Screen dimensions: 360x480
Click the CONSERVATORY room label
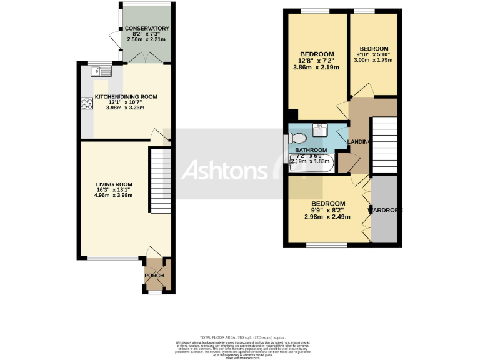coord(147,29)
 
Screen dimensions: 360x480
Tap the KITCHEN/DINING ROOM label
coord(126,97)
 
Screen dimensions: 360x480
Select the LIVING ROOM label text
coord(112,184)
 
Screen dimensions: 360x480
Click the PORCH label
coord(154,276)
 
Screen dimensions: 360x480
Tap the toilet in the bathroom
coord(297,137)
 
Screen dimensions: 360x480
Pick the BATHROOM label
coord(311,151)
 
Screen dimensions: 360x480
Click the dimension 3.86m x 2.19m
coord(316,67)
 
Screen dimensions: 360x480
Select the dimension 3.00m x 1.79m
coord(374,60)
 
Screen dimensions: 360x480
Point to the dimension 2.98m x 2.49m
coord(327,217)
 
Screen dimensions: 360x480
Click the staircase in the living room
coord(160,181)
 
